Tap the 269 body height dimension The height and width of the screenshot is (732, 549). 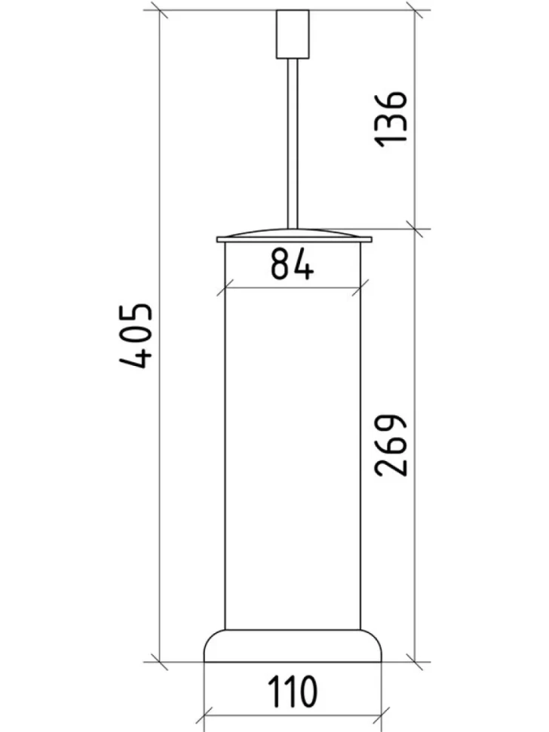391,444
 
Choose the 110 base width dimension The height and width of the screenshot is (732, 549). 293,690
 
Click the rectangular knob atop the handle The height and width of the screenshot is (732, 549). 293,34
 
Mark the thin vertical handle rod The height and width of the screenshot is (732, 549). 293,143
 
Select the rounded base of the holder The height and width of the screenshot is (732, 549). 293,646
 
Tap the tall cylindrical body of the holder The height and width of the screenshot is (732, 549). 293,436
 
